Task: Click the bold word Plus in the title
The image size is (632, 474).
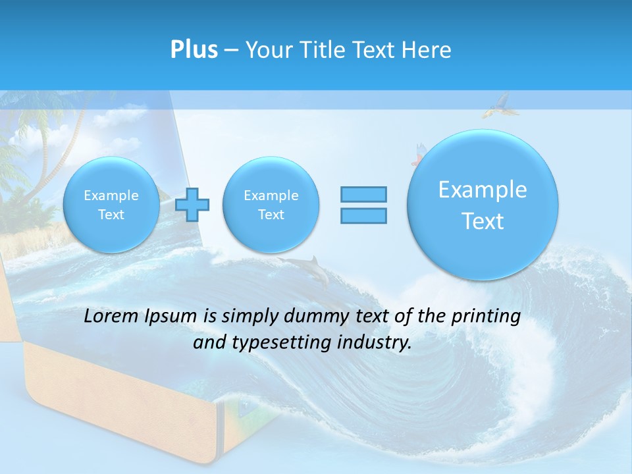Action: click(x=194, y=49)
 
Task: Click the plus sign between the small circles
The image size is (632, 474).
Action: click(x=192, y=205)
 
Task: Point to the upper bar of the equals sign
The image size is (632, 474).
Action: click(x=363, y=194)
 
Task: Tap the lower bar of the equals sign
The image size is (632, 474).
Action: click(x=363, y=215)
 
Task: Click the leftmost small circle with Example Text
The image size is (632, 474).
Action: click(x=111, y=205)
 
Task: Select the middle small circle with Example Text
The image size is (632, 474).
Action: click(x=271, y=205)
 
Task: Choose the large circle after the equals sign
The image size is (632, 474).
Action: click(x=483, y=205)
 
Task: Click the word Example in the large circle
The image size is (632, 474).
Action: click(x=483, y=190)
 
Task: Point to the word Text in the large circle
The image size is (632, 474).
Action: click(x=483, y=221)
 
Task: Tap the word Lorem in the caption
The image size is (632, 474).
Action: click(x=111, y=316)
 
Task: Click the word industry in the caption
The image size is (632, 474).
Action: click(x=375, y=343)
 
